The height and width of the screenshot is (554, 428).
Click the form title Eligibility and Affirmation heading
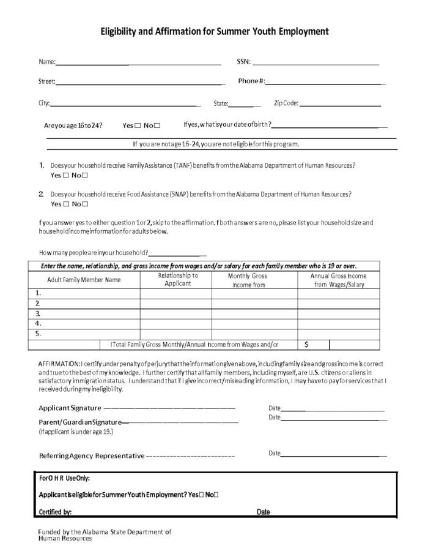point(215,31)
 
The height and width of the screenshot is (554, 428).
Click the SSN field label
point(243,62)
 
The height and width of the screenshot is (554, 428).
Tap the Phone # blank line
point(324,82)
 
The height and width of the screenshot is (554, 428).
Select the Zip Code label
point(286,103)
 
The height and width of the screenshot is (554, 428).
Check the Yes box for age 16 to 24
point(138,125)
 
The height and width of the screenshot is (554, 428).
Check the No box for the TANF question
point(85,175)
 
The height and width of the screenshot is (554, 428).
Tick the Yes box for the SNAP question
point(65,204)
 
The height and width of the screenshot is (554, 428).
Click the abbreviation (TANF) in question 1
point(185,166)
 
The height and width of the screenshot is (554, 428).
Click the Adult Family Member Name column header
point(84,280)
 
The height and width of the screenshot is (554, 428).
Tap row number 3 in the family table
point(38,313)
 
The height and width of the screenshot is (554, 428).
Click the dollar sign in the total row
point(306,345)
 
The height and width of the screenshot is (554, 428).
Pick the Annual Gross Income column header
point(338,280)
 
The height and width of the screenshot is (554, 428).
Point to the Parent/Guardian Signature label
point(79,422)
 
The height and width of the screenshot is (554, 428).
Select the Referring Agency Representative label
point(92,455)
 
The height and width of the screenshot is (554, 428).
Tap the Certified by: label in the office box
point(56,512)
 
